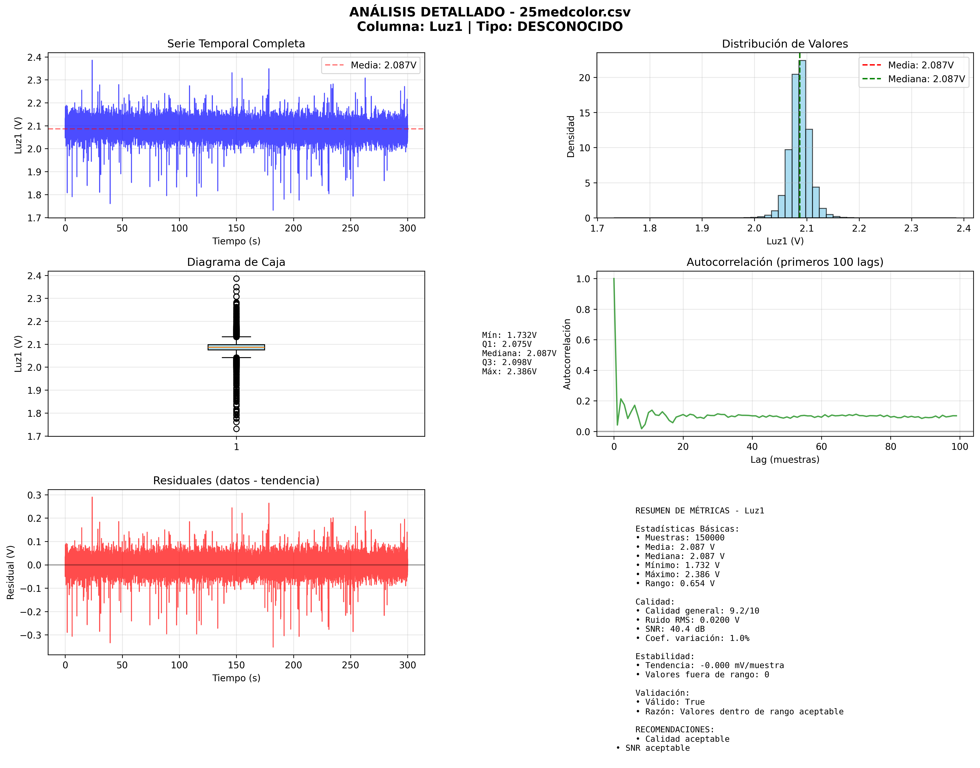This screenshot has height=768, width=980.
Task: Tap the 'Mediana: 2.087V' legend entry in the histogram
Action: [x=926, y=79]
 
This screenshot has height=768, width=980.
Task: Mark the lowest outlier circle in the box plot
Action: [x=236, y=429]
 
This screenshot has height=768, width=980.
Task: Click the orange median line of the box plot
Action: [x=236, y=347]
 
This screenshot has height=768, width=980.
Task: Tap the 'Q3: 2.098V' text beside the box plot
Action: [x=507, y=362]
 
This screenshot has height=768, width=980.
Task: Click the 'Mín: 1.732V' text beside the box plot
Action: [x=509, y=335]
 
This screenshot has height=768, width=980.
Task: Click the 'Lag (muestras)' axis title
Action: [x=785, y=459]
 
